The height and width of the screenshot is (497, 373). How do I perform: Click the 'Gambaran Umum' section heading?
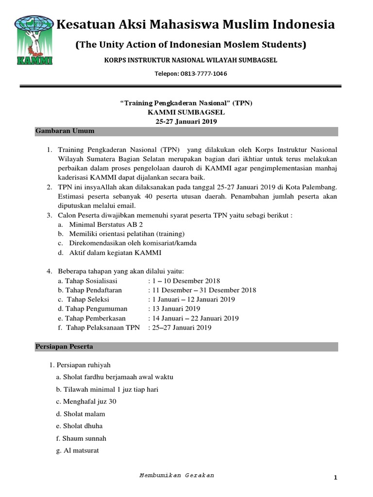pos(65,132)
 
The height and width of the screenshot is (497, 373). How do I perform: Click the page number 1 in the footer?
pos(335,478)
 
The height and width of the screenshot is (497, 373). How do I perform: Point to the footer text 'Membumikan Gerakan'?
pos(176,475)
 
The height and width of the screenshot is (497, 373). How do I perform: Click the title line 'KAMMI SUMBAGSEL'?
pos(186,112)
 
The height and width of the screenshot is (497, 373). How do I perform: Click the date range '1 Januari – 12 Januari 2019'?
pos(194,299)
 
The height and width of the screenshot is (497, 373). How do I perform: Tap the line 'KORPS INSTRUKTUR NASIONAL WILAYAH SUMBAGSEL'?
pos(191,60)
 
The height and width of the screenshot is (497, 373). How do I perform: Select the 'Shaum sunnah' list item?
pos(81,438)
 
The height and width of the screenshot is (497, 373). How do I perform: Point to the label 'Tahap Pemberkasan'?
pos(91,318)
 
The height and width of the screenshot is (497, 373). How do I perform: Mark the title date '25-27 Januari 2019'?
pos(186,121)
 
